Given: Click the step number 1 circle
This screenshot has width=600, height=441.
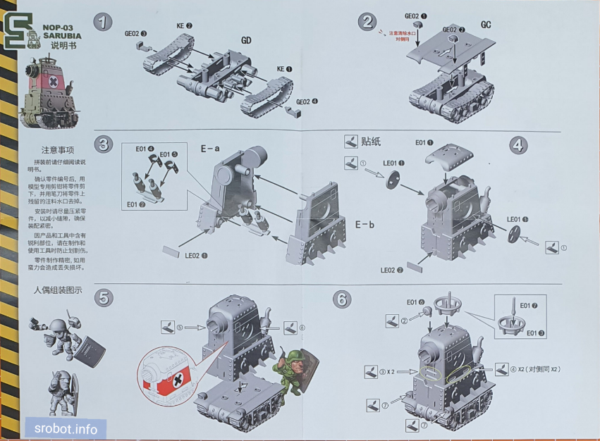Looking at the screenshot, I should point(104,22).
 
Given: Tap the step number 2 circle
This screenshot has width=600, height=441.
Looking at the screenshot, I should point(367,22).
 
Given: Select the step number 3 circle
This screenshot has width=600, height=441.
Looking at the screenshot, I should point(104,145).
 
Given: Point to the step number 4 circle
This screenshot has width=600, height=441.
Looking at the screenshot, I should point(518,145).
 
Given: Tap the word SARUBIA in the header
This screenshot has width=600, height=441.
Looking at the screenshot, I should point(61,36).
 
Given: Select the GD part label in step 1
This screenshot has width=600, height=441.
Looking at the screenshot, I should point(246,40).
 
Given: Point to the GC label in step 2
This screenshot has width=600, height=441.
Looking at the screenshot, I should point(486,24).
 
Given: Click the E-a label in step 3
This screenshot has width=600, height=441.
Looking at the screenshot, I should point(209,149).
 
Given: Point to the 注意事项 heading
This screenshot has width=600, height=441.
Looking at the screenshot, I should point(58,150).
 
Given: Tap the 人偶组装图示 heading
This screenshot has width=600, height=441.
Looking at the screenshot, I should point(58,290).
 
